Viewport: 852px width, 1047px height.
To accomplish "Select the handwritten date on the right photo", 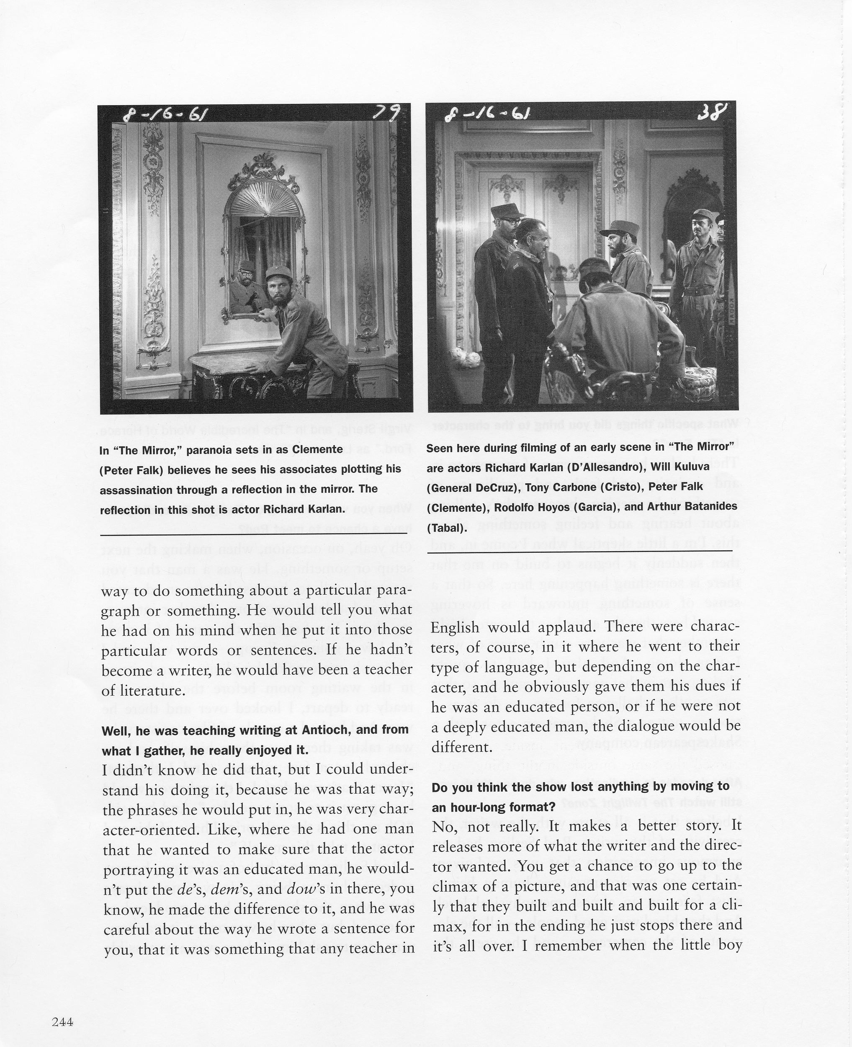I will [x=487, y=115].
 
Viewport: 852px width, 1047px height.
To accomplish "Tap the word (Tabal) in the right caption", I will [x=447, y=528].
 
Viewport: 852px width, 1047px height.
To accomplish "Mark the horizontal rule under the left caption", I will [x=254, y=534].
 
